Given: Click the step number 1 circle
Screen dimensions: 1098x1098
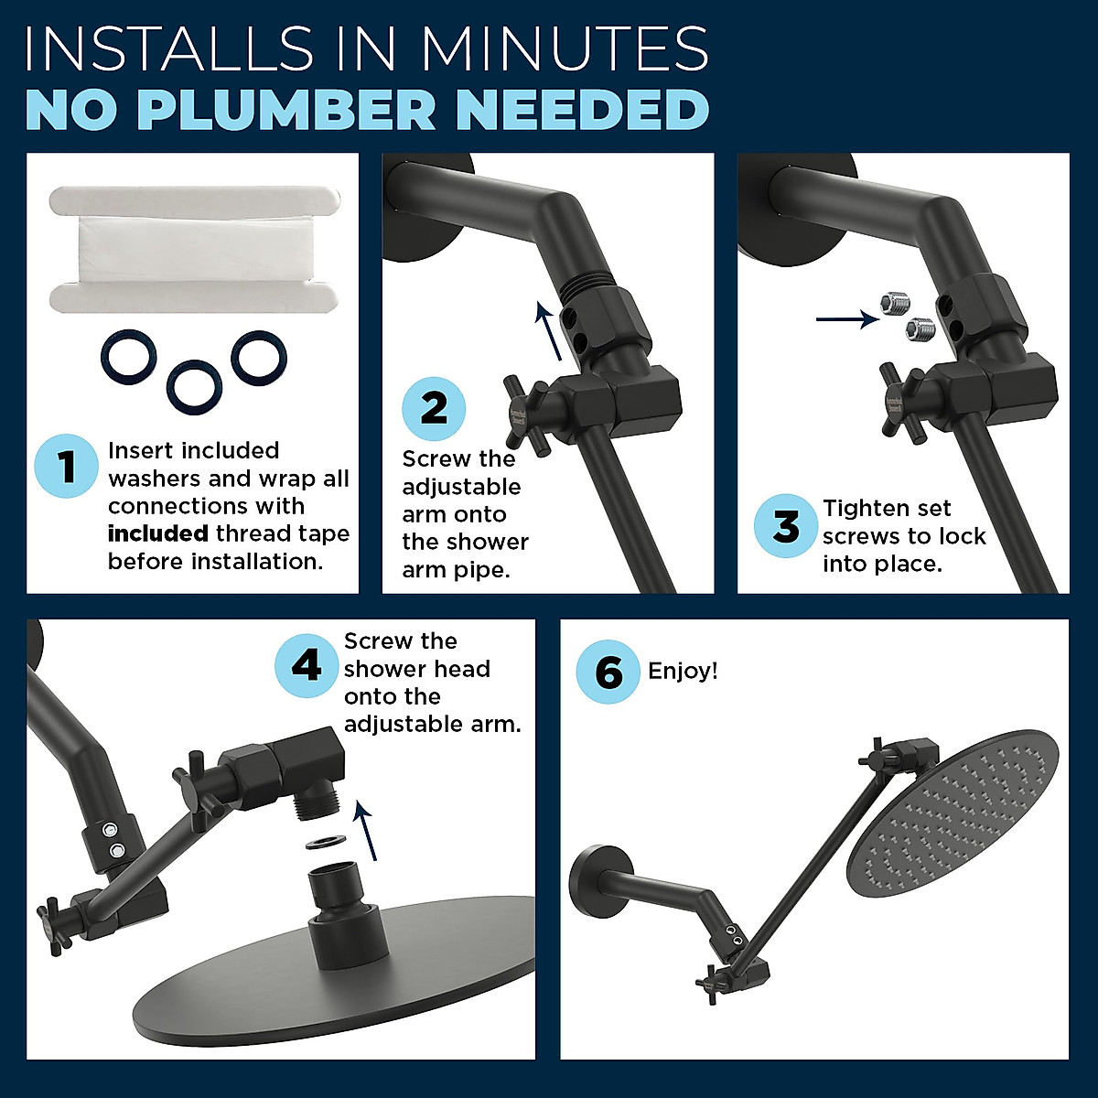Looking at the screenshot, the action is (x=67, y=466).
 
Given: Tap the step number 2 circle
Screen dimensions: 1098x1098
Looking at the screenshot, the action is (x=434, y=408).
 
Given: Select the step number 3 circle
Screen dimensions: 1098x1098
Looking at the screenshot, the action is (x=786, y=525).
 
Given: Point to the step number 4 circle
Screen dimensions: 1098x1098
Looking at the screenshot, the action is (x=307, y=665).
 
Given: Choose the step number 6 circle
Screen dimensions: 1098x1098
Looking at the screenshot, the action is (x=608, y=672).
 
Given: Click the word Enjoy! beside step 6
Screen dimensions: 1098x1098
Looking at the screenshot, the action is (x=683, y=672).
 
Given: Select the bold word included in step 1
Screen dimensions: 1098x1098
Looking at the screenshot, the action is (x=157, y=533).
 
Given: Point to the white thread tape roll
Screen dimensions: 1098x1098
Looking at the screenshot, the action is (x=193, y=249).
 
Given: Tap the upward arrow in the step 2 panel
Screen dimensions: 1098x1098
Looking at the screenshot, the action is (x=549, y=331).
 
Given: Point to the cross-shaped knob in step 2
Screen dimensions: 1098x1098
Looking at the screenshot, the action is (x=527, y=415).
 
